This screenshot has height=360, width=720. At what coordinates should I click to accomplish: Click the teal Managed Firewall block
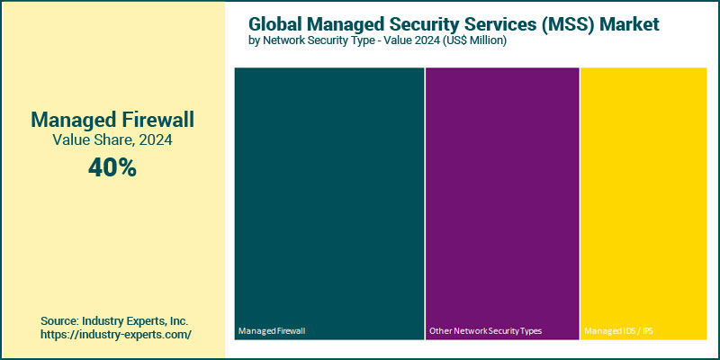tap(328, 198)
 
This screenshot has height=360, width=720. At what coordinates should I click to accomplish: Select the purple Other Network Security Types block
tap(501, 198)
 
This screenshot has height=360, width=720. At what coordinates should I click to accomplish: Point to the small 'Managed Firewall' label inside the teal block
tap(272, 331)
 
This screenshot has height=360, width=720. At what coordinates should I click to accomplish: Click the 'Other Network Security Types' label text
tap(485, 331)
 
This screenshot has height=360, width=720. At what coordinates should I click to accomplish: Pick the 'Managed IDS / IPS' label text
tap(618, 331)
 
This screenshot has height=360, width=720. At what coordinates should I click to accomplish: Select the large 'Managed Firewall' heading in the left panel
tap(112, 119)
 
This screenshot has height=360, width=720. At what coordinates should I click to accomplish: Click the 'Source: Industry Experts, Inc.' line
tap(114, 320)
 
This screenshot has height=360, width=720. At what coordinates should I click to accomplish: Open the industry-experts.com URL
tap(114, 335)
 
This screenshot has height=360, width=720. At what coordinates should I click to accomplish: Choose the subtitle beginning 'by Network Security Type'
tap(377, 41)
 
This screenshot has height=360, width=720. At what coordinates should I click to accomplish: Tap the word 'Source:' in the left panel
tap(60, 320)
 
